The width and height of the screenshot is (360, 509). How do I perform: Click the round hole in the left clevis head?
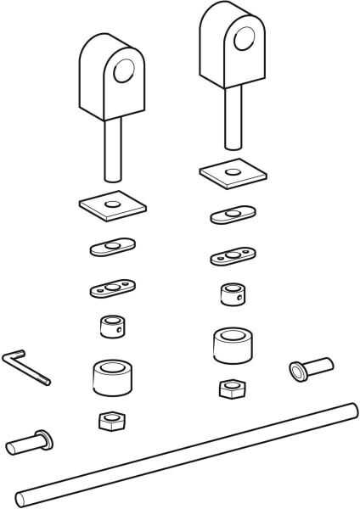[126, 70]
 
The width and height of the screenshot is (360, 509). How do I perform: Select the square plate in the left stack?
[109, 204]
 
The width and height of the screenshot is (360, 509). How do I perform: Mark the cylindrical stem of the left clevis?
[110, 151]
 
